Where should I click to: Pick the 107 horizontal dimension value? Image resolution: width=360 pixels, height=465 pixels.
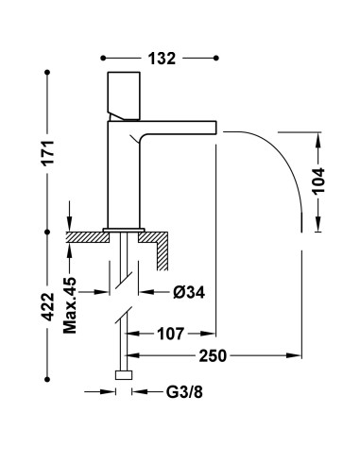(x=172, y=334)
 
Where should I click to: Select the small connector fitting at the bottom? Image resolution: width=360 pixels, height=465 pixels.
(x=121, y=376)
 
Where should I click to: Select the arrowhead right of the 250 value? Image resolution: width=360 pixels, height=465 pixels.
(x=297, y=356)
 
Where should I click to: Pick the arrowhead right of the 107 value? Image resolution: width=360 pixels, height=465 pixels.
(x=213, y=334)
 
